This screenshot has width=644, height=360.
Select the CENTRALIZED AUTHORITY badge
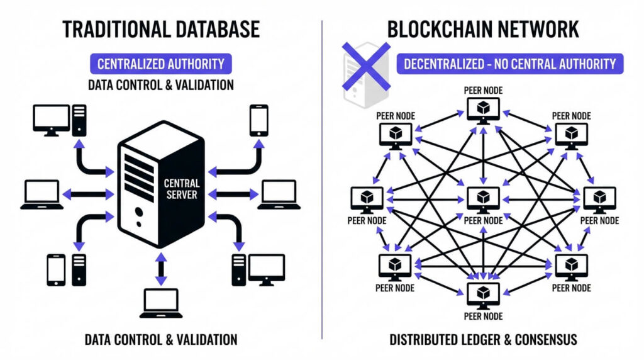(160, 64)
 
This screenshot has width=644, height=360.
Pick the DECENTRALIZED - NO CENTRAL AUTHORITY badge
(509, 64)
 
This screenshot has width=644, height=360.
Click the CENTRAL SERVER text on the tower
(182, 189)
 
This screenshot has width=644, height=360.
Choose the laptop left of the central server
(42, 194)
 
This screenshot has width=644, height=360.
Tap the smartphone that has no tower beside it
(258, 120)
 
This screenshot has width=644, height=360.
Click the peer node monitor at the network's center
(483, 200)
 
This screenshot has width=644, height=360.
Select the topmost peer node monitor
(483, 110)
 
